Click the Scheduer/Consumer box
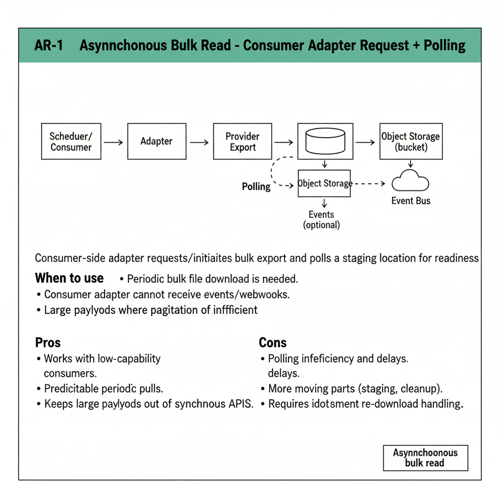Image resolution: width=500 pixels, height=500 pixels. coord(71,142)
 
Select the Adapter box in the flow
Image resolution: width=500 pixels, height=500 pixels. coord(156,142)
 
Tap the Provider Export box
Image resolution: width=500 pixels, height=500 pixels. coord(243,142)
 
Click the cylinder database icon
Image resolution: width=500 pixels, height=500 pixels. coord(325,141)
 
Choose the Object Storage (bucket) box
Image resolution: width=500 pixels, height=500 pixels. coord(411,142)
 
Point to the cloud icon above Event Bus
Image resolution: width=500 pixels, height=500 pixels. coord(410,182)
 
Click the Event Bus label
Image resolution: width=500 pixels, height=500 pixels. coord(411,201)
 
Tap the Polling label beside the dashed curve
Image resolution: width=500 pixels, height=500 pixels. coord(256,187)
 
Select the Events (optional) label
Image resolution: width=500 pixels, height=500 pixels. coord(321,220)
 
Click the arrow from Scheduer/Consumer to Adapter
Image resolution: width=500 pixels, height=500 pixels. coord(114,142)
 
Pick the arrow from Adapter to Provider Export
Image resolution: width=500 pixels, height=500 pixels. coord(199,142)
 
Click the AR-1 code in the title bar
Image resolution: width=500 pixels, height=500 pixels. coord(49,46)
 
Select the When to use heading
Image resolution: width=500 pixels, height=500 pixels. coord(69,278)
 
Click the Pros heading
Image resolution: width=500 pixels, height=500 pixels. coord(48,342)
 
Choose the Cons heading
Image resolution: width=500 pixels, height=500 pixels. coord(272,342)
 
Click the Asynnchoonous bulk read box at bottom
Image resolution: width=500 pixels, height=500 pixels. coord(425,458)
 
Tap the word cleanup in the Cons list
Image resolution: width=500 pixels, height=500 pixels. coord(420,389)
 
